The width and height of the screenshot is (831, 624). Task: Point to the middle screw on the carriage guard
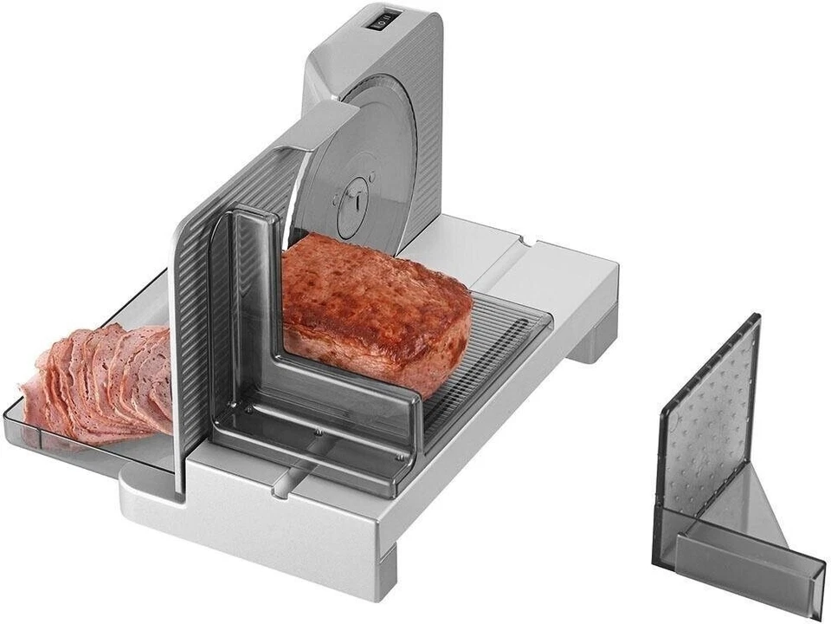point(319,432)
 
